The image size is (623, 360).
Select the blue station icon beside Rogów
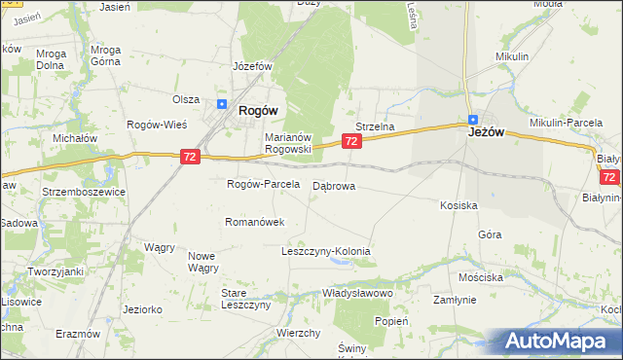[222, 105]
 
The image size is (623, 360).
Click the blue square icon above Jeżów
[471, 119]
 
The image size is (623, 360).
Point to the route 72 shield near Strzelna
[352, 142]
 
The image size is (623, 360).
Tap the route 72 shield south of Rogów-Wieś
[191, 156]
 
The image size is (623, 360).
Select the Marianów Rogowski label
[288, 143]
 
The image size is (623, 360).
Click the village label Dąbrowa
[334, 185]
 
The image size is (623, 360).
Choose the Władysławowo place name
[357, 293]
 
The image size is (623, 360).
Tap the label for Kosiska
[458, 205]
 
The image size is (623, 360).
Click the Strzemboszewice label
[84, 192]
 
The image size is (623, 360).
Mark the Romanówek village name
[254, 222]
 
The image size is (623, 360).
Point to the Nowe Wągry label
[203, 262]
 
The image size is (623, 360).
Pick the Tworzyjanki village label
[55, 270]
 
